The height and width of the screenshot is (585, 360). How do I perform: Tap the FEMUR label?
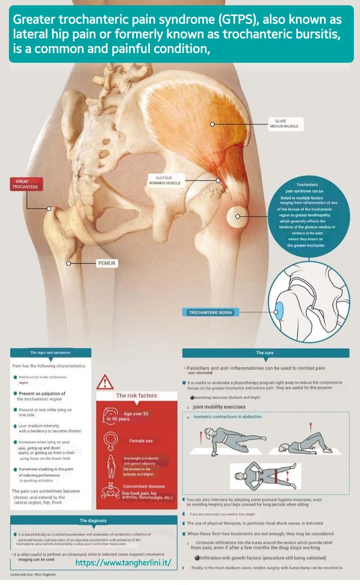(107, 263)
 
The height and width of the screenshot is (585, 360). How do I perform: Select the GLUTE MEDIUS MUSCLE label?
(284, 123)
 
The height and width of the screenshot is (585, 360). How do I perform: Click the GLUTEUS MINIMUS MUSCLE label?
(164, 180)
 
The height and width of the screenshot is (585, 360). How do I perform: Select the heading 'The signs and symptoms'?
(50, 352)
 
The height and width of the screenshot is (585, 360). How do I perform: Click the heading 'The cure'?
(266, 352)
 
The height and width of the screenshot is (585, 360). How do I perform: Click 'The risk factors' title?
(136, 395)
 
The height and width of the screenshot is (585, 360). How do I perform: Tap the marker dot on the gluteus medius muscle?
(212, 124)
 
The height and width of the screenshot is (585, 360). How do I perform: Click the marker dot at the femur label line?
(69, 263)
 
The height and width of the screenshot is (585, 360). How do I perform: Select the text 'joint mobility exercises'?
(219, 407)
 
